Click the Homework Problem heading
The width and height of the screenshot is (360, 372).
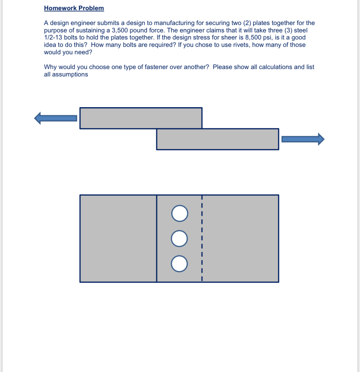[x=74, y=8]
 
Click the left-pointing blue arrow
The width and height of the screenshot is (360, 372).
[x=55, y=118]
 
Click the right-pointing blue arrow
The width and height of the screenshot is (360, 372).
[x=303, y=139]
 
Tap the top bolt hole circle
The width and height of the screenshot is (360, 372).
[x=180, y=213]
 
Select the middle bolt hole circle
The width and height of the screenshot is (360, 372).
[x=179, y=239]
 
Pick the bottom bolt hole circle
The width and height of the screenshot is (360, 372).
[x=179, y=264]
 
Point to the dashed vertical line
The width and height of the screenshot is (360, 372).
[x=202, y=239]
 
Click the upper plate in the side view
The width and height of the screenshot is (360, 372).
[x=141, y=118]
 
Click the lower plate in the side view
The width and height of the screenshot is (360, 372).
[x=218, y=139]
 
